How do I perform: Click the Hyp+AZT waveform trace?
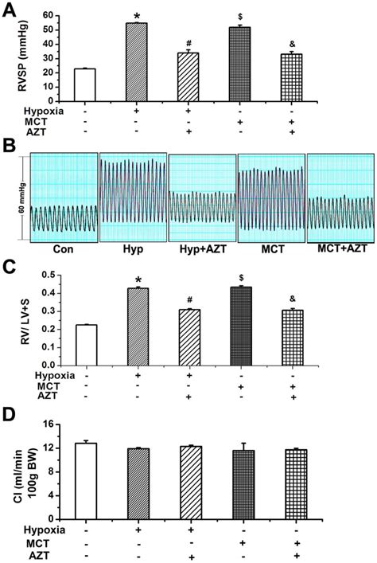coord(202,210)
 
